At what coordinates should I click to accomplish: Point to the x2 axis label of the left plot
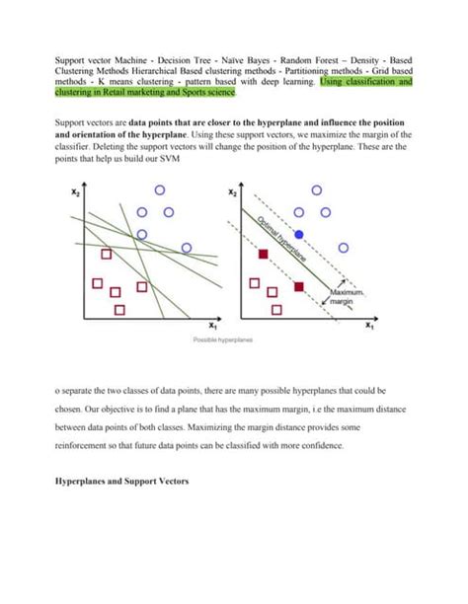coord(74,195)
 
